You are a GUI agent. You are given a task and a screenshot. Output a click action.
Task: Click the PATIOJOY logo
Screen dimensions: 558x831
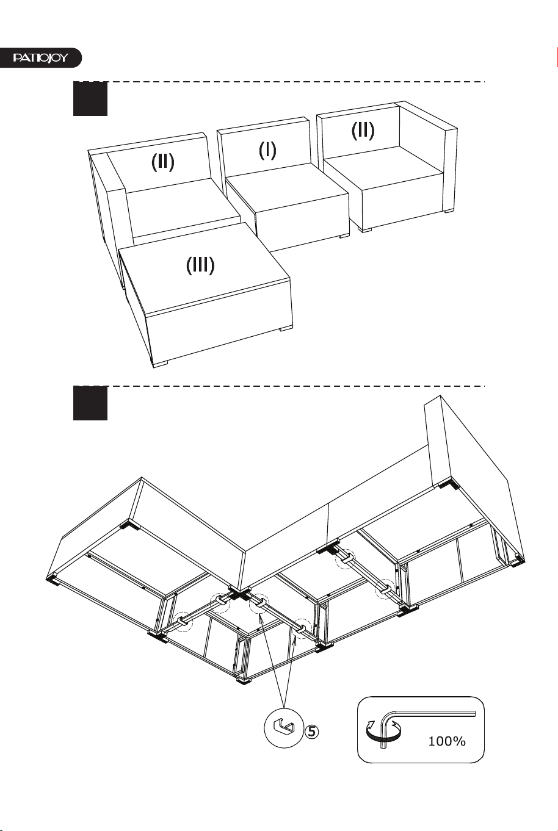(40, 58)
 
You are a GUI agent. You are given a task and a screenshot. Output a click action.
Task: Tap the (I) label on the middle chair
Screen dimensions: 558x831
(267, 151)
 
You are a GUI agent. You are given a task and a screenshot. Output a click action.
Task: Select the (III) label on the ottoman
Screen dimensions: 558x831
(200, 265)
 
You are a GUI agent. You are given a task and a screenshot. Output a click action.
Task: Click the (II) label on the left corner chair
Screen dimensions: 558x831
(162, 162)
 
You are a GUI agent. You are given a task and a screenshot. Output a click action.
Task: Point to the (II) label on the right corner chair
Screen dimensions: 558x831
(363, 131)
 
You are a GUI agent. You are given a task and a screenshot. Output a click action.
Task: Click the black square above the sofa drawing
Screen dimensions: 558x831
(90, 98)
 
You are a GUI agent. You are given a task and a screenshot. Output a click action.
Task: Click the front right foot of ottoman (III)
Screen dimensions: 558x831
(286, 328)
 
